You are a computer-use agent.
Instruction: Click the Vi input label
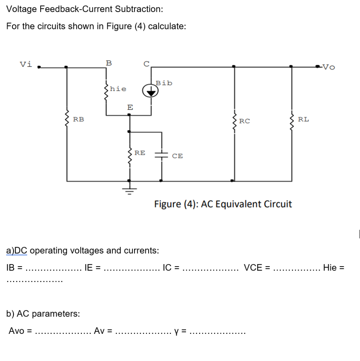tap(26, 64)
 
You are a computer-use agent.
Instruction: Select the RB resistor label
tap(78, 120)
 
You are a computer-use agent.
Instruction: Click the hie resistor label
tap(118, 89)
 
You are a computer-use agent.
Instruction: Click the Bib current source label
tap(164, 83)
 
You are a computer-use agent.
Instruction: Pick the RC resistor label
tap(245, 121)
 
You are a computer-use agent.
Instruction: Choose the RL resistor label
tap(304, 119)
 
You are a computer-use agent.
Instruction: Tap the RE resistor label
tap(139, 153)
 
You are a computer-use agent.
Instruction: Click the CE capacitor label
tap(178, 156)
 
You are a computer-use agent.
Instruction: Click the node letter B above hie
tap(109, 63)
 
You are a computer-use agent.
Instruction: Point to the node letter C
tap(146, 64)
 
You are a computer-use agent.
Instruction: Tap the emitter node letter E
tap(130, 107)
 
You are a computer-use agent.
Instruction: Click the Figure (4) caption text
tap(223, 204)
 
